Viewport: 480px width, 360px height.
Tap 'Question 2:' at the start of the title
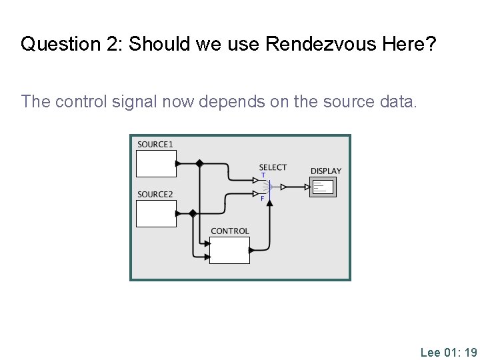pyautogui.click(x=71, y=45)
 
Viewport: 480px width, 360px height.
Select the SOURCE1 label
pyautogui.click(x=155, y=144)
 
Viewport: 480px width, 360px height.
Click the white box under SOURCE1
pyautogui.click(x=156, y=163)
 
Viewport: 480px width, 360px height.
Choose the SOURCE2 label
pyautogui.click(x=155, y=194)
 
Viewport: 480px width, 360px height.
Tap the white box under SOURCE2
pyautogui.click(x=156, y=213)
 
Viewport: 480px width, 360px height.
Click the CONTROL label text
pyautogui.click(x=229, y=231)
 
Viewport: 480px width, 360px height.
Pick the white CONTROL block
pyautogui.click(x=229, y=250)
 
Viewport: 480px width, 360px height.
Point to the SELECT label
pyautogui.click(x=273, y=167)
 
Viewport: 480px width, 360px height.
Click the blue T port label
pyautogui.click(x=263, y=175)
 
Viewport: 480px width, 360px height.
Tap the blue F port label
pyautogui.click(x=262, y=199)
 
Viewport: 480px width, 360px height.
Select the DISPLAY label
pyautogui.click(x=325, y=171)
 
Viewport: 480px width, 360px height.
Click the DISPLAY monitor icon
pyautogui.click(x=323, y=187)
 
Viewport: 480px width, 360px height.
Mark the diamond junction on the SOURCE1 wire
pyautogui.click(x=199, y=163)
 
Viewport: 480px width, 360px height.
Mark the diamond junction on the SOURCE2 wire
pyautogui.click(x=193, y=213)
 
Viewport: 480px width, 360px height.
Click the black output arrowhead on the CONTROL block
pyautogui.click(x=252, y=251)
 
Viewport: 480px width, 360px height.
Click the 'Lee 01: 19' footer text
pyautogui.click(x=448, y=352)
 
